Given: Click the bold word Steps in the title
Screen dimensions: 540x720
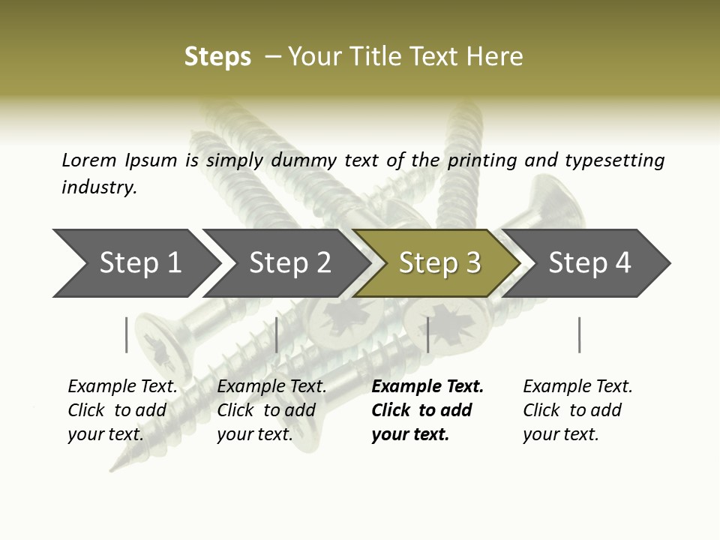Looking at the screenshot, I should (x=217, y=57).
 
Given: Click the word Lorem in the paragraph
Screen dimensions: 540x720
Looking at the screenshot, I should (x=88, y=160).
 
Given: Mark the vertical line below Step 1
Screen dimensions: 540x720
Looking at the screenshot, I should (x=127, y=334).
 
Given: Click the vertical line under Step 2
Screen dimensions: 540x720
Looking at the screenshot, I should (x=277, y=334).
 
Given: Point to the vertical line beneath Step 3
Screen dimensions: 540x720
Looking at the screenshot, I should (x=427, y=334).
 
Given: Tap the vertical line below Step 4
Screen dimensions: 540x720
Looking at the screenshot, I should (x=579, y=334).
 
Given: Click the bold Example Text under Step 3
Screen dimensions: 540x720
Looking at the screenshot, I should (x=427, y=387).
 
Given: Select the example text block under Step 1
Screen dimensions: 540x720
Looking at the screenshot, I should (x=122, y=410).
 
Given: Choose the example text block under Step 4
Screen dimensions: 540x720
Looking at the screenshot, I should (x=577, y=410).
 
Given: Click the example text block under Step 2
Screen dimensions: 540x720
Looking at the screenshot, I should (x=271, y=410).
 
